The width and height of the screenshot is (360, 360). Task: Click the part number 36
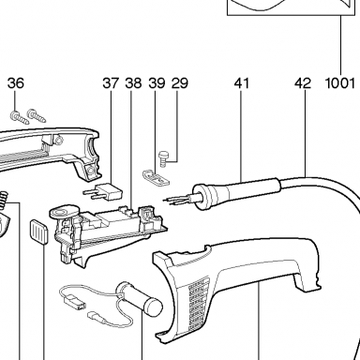pyautogui.click(x=16, y=83)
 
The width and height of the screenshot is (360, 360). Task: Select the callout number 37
pyautogui.click(x=111, y=83)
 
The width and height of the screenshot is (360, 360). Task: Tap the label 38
pyautogui.click(x=133, y=83)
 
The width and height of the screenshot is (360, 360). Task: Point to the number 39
pyautogui.click(x=157, y=83)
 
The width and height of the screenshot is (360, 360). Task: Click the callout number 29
pyautogui.click(x=180, y=83)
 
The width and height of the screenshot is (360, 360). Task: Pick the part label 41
pyautogui.click(x=242, y=83)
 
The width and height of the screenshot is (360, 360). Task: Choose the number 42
pyautogui.click(x=303, y=83)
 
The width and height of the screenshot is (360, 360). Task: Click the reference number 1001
pyautogui.click(x=340, y=83)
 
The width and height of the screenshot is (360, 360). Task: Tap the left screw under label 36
pyautogui.click(x=20, y=117)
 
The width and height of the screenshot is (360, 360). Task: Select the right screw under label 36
pyautogui.click(x=37, y=115)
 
